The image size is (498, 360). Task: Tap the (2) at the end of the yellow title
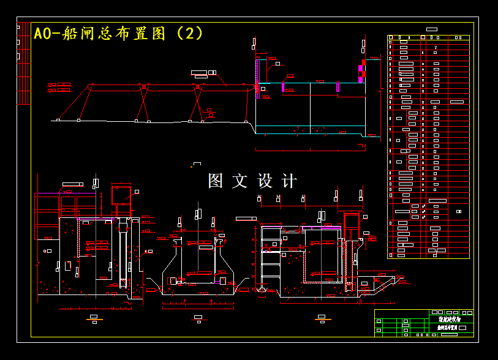(190, 33)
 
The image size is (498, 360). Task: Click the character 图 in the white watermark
(216, 181)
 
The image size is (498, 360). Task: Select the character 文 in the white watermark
(240, 181)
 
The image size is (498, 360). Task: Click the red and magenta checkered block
(361, 71)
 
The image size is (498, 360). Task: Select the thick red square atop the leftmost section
(121, 195)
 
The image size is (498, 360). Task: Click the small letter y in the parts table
(436, 47)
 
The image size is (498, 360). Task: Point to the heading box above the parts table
(431, 29)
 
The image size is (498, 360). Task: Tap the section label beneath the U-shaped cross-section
(198, 317)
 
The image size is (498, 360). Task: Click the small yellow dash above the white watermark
(197, 163)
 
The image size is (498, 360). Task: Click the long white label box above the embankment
(199, 73)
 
